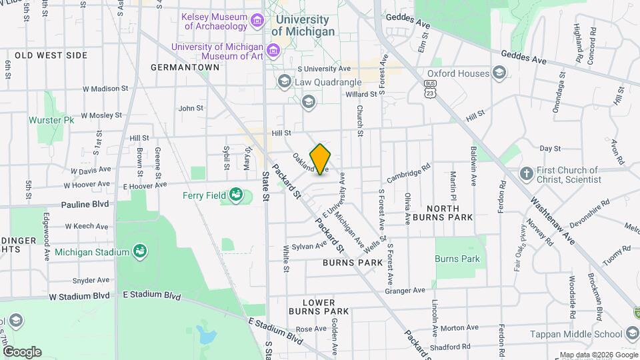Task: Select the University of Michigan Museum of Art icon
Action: [273, 51]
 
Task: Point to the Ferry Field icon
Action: [235, 195]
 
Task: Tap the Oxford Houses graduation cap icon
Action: [499, 73]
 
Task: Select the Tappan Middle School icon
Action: [632, 334]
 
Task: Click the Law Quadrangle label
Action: [323, 82]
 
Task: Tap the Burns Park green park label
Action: [457, 259]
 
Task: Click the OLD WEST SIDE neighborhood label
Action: [51, 55]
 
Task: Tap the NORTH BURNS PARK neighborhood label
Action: [442, 212]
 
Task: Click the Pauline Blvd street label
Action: [84, 205]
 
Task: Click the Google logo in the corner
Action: [22, 351]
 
